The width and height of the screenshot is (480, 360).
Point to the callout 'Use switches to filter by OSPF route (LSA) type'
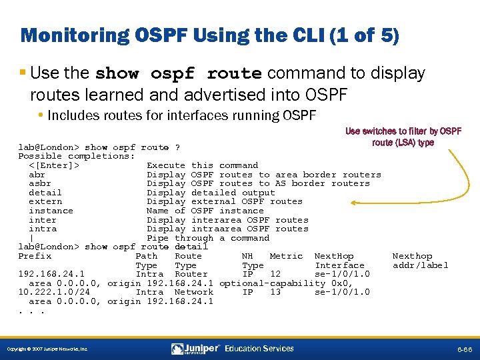coord(403,137)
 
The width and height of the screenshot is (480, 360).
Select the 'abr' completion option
coord(37,175)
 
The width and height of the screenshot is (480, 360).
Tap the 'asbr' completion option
coord(40,183)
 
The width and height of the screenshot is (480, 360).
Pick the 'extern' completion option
coord(45,201)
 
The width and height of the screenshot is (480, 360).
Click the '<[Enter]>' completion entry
coord(54,165)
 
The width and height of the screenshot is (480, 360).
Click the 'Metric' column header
coord(286,256)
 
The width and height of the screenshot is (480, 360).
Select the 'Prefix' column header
coord(35,256)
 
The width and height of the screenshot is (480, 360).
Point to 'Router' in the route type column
coord(191,274)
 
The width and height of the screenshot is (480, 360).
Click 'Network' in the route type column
coord(193,292)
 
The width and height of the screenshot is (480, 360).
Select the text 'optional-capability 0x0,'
coord(286,283)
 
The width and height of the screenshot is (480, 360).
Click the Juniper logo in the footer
coord(197,349)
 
